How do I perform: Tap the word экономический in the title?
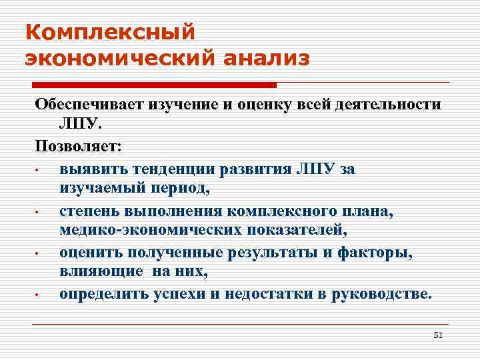click(x=118, y=59)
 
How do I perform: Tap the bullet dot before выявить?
click(x=40, y=169)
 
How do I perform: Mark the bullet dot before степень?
click(x=40, y=212)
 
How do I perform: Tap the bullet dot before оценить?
click(x=40, y=254)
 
